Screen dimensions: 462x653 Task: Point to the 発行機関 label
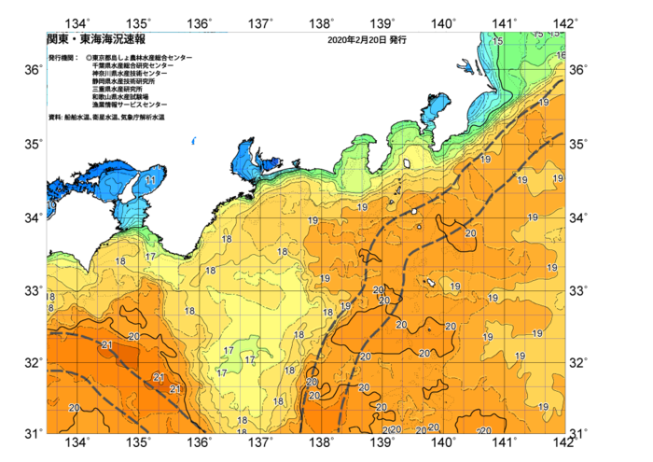(63, 58)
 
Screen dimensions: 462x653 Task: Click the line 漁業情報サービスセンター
(130, 105)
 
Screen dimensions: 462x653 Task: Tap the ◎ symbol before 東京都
(90, 58)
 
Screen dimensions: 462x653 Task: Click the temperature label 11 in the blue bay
(150, 180)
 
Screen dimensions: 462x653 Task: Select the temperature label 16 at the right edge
(561, 55)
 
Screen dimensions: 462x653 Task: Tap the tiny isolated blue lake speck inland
(193, 142)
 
